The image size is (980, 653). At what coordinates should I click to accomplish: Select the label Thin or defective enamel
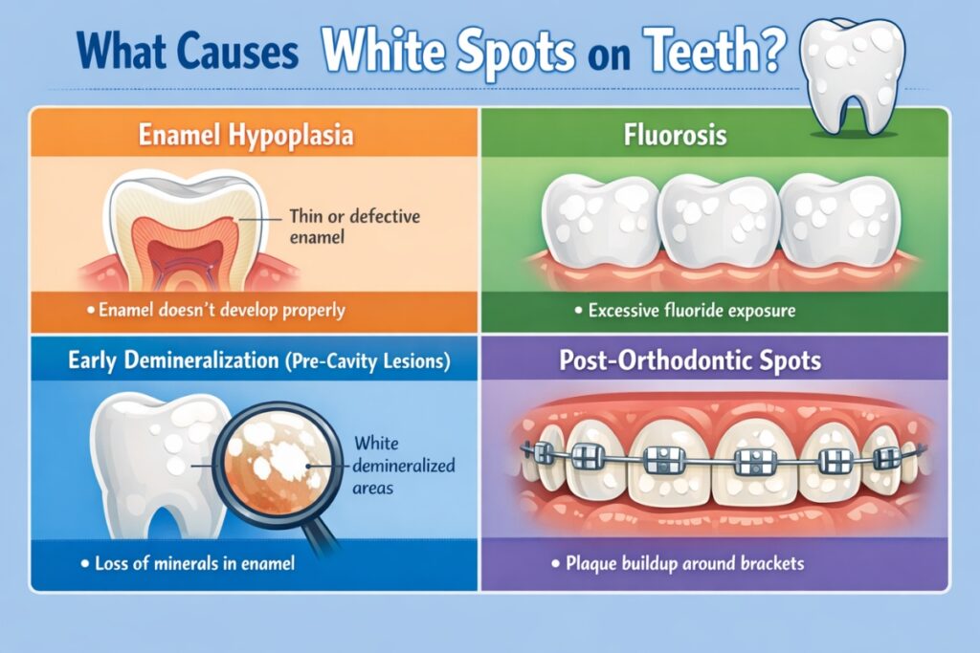point(354,226)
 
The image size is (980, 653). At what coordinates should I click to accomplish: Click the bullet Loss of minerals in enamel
point(189,564)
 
